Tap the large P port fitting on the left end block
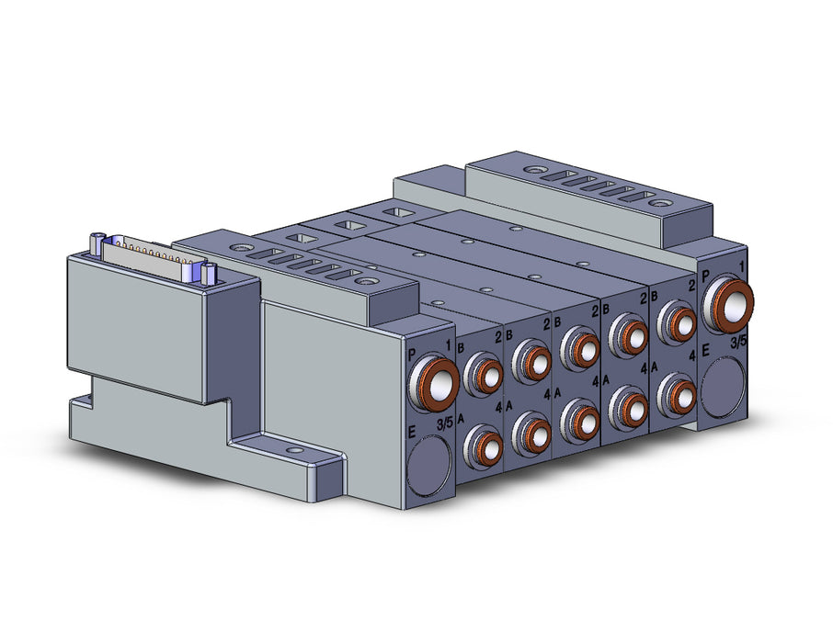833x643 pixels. tap(433, 383)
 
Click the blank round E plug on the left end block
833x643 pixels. tap(428, 462)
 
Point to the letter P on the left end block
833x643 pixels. tap(413, 355)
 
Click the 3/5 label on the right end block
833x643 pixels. tap(738, 342)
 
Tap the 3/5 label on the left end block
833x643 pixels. tap(445, 423)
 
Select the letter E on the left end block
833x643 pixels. tap(412, 433)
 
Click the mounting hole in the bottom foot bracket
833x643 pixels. tap(291, 450)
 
